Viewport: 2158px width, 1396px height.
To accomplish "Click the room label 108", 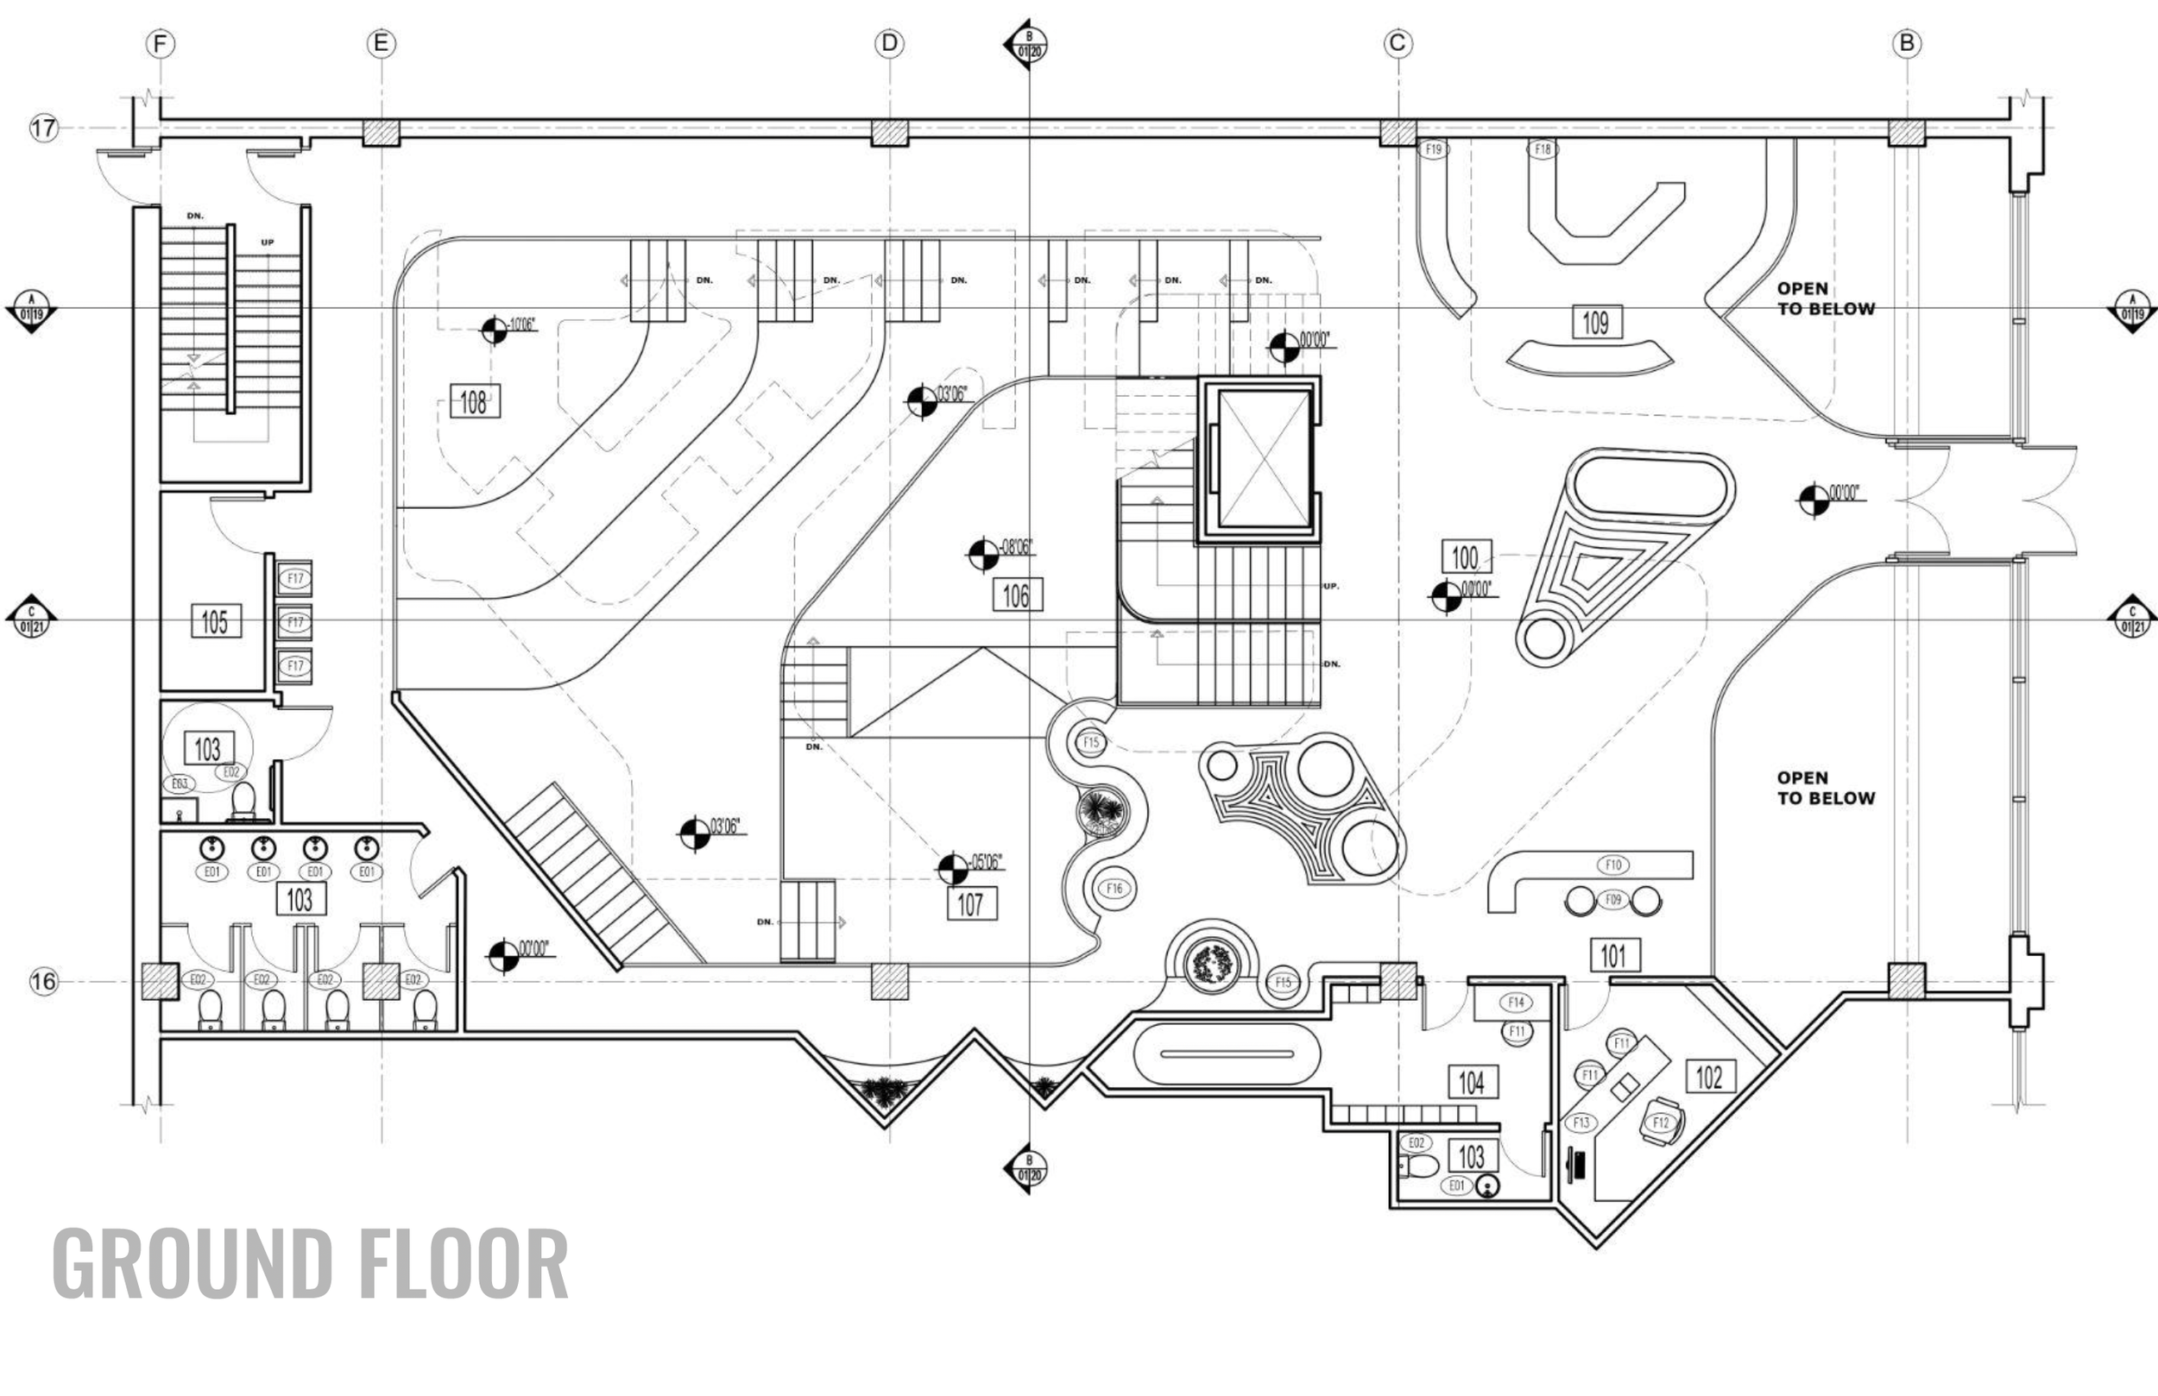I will [x=474, y=401].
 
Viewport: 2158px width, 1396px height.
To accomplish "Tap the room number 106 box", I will [x=1017, y=594].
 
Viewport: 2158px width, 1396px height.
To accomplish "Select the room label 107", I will [x=971, y=903].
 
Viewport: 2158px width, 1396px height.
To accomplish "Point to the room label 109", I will [x=1596, y=322].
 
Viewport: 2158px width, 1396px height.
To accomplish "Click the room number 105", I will [x=215, y=621].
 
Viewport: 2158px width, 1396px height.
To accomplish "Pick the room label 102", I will [x=1709, y=1077].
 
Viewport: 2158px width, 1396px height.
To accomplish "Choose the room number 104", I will [x=1472, y=1081].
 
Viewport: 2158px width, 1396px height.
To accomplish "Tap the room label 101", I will [x=1614, y=955].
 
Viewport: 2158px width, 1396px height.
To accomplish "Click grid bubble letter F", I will [x=161, y=43].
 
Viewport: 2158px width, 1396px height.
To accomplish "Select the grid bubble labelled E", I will [x=381, y=43].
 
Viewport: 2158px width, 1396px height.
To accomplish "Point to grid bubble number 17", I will [x=43, y=128].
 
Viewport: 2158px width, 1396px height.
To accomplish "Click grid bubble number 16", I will [x=43, y=981].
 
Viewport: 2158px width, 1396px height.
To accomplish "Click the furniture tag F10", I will [x=1613, y=865].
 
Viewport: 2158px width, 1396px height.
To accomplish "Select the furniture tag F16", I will [x=1114, y=889].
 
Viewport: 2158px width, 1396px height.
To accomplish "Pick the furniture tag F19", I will [x=1433, y=149].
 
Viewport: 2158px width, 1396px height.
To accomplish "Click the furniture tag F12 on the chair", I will [x=1660, y=1123].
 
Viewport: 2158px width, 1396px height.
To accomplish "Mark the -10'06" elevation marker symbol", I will [x=494, y=330].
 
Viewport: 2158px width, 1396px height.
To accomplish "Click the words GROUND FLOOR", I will [x=310, y=1263].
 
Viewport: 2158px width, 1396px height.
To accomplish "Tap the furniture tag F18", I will [x=1543, y=149].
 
